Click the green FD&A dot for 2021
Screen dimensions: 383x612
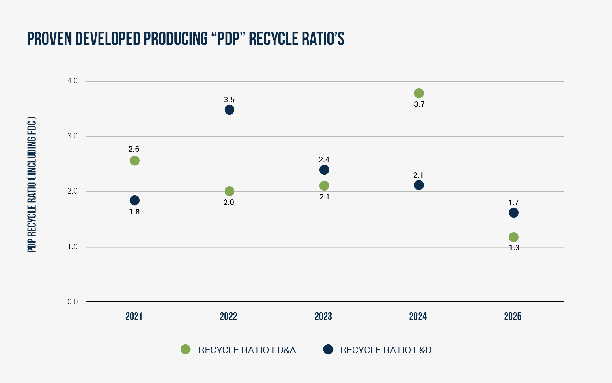coord(134,161)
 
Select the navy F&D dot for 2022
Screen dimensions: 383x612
coord(229,110)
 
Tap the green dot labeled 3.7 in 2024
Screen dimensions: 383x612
coord(419,93)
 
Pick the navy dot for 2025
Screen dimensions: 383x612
coord(513,213)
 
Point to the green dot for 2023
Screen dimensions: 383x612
coord(324,186)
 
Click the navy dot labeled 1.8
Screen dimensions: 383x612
coord(134,200)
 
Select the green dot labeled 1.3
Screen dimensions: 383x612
coord(513,237)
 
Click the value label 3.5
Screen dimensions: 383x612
coord(229,100)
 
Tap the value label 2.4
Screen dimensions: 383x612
coord(324,160)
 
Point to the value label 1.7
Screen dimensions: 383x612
coord(513,203)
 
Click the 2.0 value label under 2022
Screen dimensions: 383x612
coord(229,203)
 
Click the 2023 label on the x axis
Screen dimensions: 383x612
coord(323,316)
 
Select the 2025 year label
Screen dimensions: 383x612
coord(513,316)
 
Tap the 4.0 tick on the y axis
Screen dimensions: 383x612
coord(73,81)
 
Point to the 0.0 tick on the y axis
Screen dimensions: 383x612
coord(73,302)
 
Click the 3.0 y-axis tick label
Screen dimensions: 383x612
coord(73,136)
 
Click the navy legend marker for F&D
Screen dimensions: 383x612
coord(328,349)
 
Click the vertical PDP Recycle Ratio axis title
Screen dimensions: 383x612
coord(32,184)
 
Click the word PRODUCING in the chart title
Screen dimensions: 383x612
coord(175,39)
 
